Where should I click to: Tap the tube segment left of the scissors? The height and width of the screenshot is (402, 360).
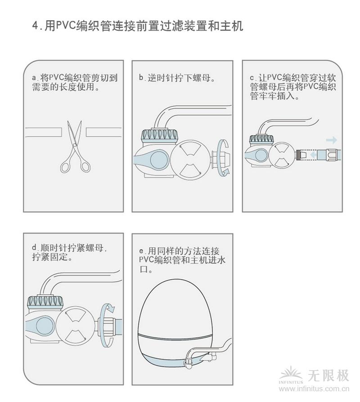(x=43, y=132)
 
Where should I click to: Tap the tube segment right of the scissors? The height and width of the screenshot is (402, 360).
(x=104, y=132)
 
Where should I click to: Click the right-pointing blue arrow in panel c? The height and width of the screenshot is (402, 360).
(x=331, y=140)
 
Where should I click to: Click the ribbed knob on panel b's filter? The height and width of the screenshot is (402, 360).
(x=160, y=135)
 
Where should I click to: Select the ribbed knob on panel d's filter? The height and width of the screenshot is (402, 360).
(x=45, y=301)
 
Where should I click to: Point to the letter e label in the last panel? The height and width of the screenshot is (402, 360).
(x=143, y=251)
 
